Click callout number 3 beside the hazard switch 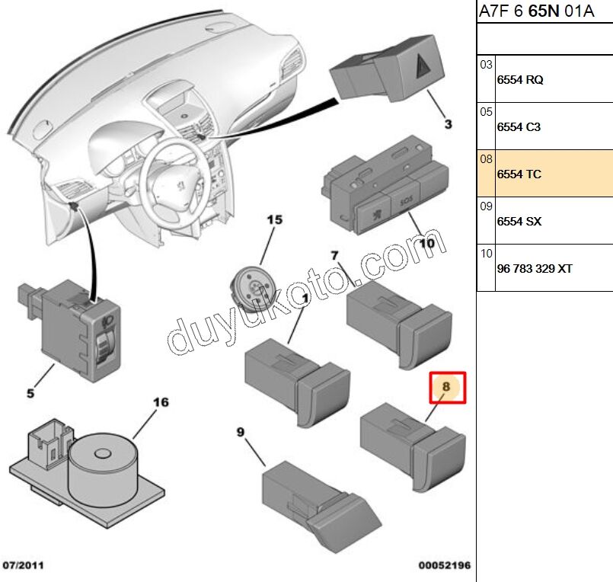pos(448,123)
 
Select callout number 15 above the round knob pos(274,220)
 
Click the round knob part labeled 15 pos(254,287)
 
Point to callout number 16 pos(161,402)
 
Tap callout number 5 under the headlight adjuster pos(30,394)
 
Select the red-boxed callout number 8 pos(447,387)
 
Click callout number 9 pos(240,432)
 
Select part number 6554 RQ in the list pos(520,80)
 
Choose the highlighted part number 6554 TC pos(519,174)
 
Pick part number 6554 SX pos(519,222)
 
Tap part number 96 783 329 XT pos(535,269)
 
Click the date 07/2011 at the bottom pos(23,566)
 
